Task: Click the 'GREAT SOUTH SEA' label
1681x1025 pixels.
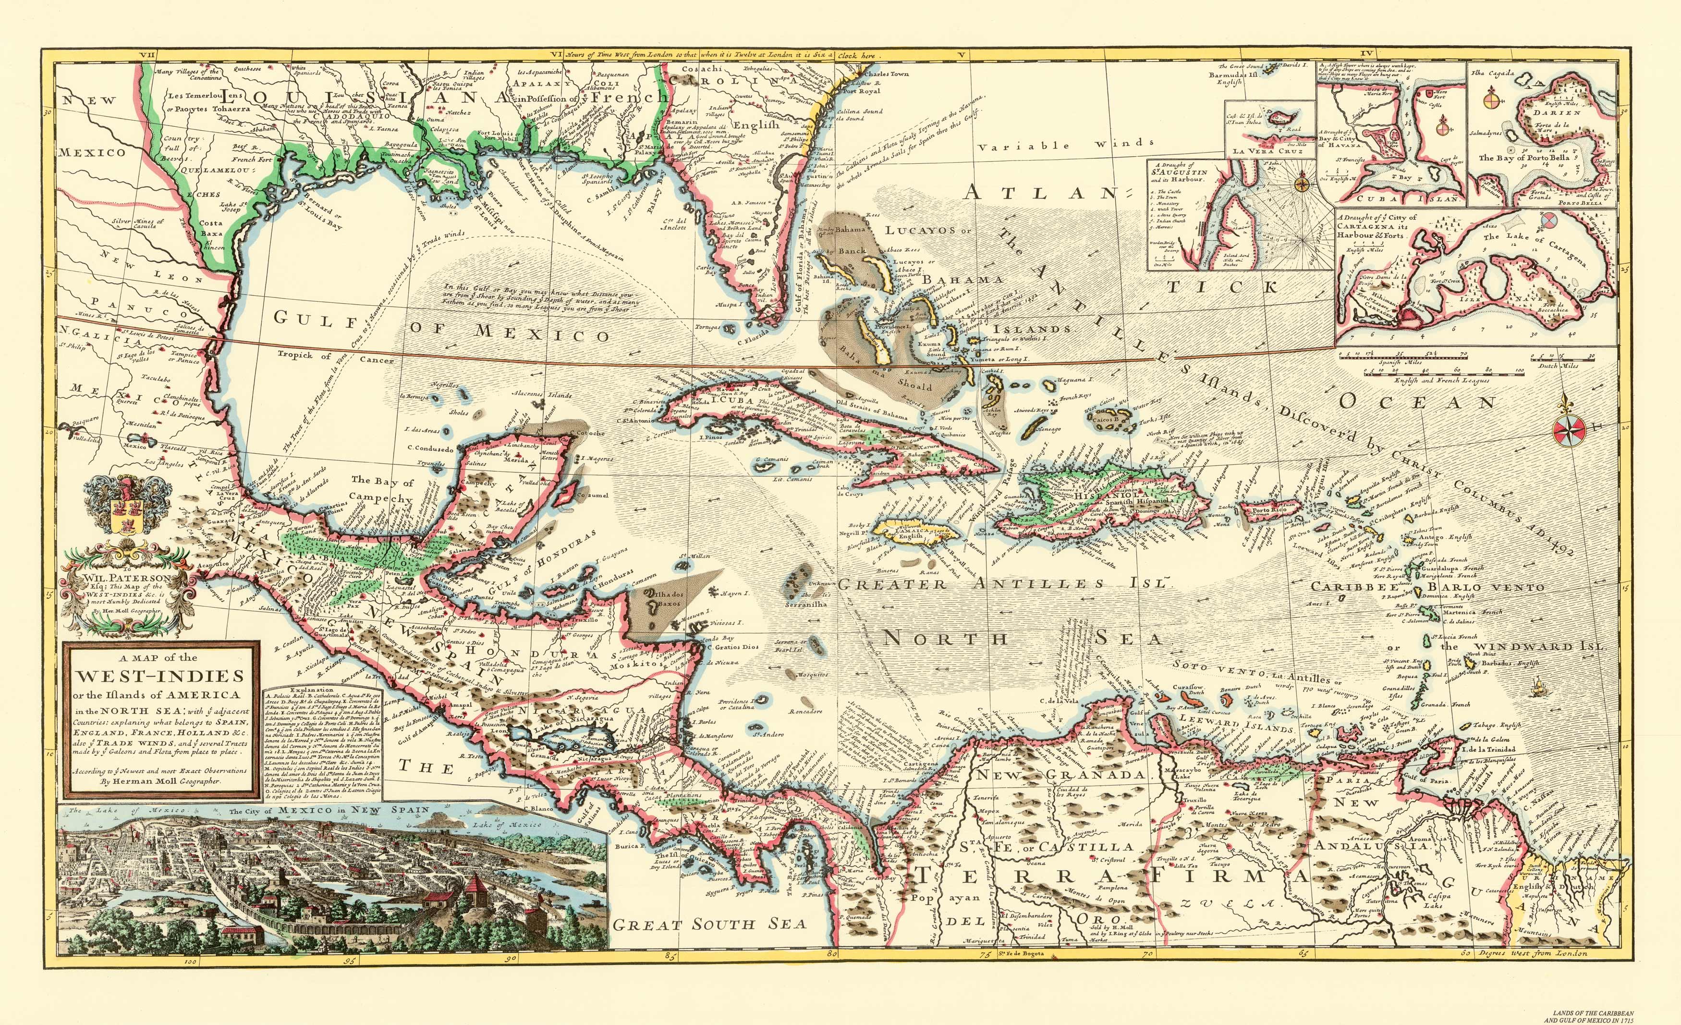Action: (709, 925)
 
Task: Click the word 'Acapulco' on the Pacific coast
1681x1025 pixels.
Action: (214, 565)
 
